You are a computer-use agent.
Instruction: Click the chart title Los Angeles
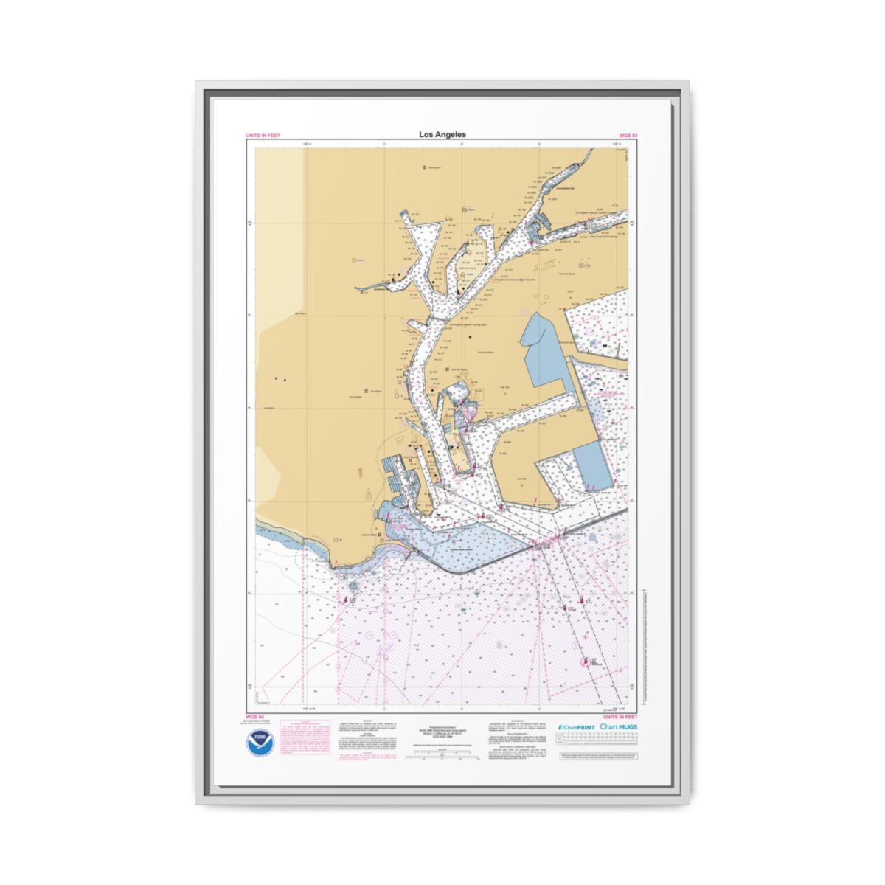click(x=442, y=134)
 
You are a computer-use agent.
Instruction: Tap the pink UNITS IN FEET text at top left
click(x=263, y=136)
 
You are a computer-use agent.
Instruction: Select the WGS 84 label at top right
click(x=628, y=136)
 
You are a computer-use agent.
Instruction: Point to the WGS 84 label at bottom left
click(x=254, y=716)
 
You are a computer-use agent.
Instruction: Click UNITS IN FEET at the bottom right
click(x=619, y=716)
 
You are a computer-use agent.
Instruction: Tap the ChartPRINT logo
click(x=575, y=727)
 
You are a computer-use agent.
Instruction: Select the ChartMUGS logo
click(x=618, y=727)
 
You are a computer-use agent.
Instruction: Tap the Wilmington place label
click(x=434, y=168)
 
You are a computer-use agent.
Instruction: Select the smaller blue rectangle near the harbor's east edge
click(x=594, y=465)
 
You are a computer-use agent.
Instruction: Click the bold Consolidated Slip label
click(x=569, y=189)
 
